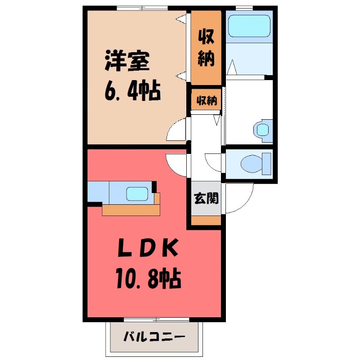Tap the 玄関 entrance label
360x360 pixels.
pyautogui.click(x=207, y=198)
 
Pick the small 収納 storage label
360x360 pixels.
pyautogui.click(x=207, y=101)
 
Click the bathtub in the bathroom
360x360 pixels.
pyautogui.click(x=248, y=26)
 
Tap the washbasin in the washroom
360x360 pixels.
pyautogui.click(x=261, y=130)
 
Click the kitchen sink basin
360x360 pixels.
pyautogui.click(x=138, y=194)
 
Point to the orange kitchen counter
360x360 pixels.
pyautogui.click(x=130, y=210)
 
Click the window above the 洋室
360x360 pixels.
pyautogui.click(x=142, y=8)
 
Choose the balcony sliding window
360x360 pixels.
pyautogui.click(x=156, y=319)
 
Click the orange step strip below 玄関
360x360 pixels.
pyautogui.click(x=207, y=220)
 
